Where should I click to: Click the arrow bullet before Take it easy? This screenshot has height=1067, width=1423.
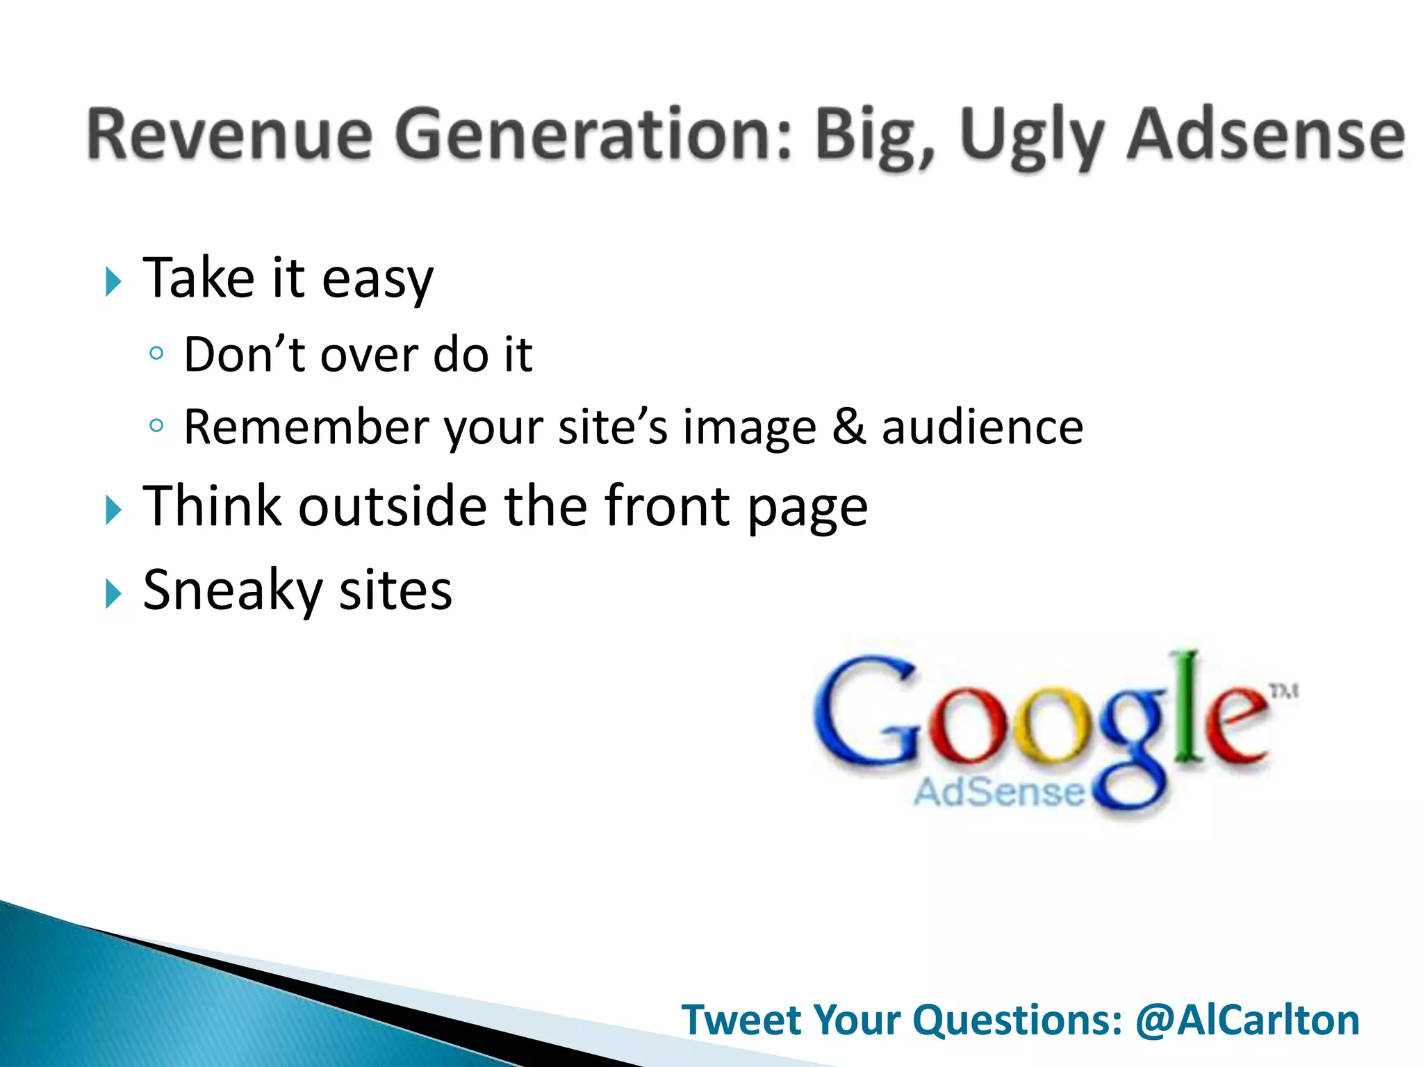click(x=113, y=281)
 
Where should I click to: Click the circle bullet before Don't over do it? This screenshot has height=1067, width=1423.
click(x=156, y=354)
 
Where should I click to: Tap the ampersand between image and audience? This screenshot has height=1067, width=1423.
click(x=848, y=426)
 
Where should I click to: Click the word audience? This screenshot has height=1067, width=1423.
click(x=982, y=427)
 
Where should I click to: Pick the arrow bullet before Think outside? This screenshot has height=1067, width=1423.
click(x=113, y=510)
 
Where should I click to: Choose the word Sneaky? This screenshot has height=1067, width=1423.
click(x=233, y=591)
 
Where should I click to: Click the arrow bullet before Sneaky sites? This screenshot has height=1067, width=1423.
click(x=113, y=594)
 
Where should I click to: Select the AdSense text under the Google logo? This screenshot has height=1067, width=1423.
click(x=998, y=792)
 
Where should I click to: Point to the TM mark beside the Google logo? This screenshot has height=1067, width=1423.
click(x=1284, y=691)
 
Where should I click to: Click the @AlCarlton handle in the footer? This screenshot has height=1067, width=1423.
click(x=1247, y=1020)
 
